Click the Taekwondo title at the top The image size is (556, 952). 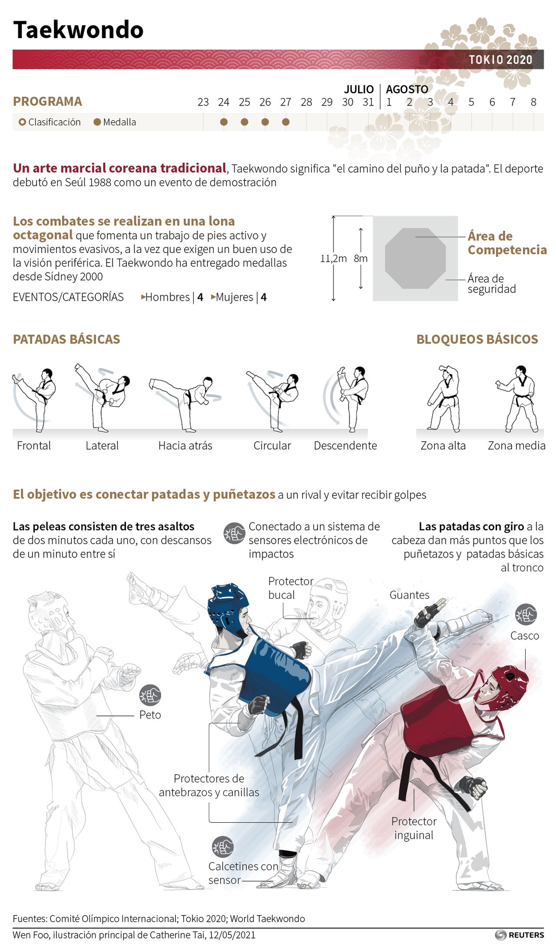78,30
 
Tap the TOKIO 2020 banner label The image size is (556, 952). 500,60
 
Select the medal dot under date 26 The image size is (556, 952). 265,122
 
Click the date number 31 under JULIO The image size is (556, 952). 368,102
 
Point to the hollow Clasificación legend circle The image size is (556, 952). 23,122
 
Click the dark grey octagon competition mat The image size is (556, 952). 415,258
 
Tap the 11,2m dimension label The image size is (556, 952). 333,259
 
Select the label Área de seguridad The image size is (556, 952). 492,284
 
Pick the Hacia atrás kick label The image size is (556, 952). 185,446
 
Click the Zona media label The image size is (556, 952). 516,446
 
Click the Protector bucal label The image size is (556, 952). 291,588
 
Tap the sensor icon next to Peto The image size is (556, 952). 150,695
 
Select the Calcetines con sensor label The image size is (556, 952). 243,873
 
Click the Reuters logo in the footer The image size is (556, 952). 520,935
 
